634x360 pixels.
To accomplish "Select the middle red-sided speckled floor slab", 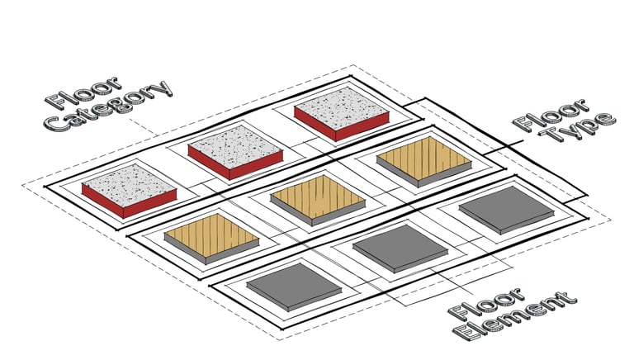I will point(235,146).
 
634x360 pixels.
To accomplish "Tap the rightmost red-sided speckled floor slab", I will point(342,108).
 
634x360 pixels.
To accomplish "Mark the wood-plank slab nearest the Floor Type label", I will point(423,156).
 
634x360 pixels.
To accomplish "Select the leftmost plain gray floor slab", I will point(294,283).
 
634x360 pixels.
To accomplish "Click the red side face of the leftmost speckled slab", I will point(102,201).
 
